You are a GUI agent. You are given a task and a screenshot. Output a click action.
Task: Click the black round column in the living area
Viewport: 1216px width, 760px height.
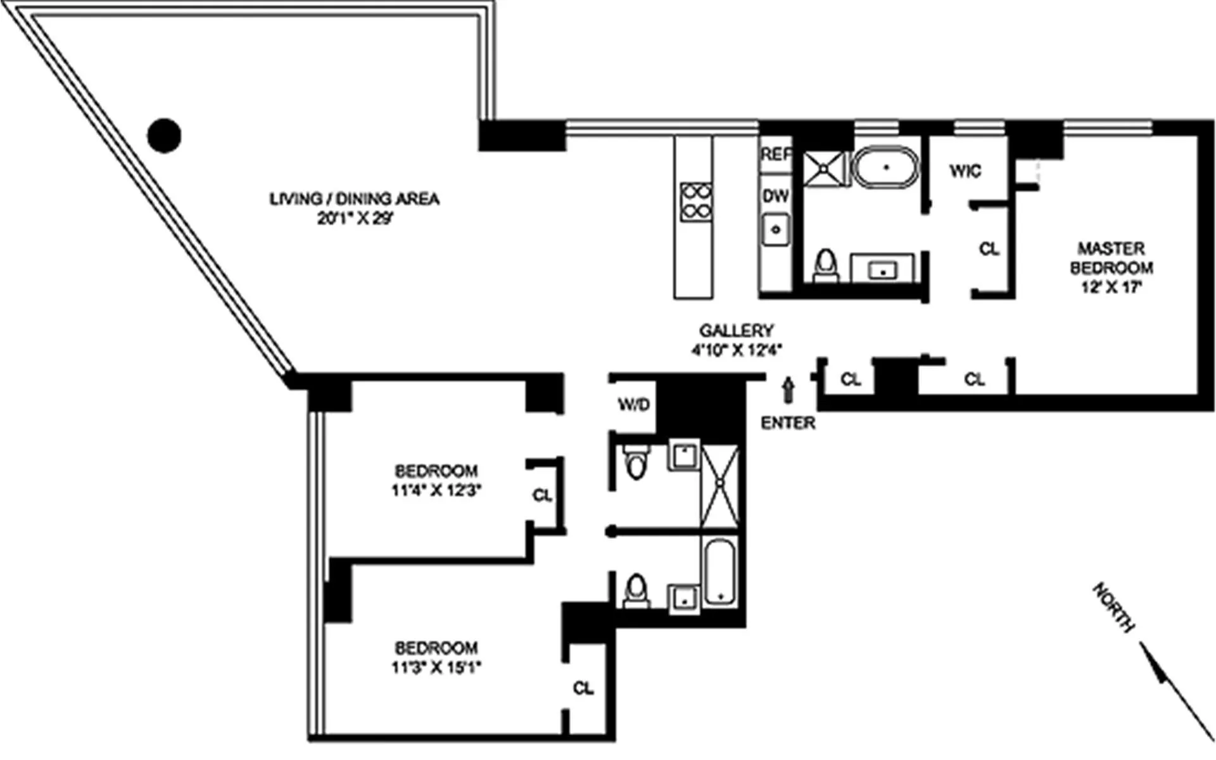pos(164,136)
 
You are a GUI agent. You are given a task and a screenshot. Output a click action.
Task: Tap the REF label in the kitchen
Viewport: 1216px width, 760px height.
pos(776,154)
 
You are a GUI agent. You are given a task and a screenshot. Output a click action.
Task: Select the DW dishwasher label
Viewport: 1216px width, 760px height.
pos(775,196)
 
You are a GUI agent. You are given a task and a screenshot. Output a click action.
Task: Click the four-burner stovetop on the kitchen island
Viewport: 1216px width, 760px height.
pos(695,201)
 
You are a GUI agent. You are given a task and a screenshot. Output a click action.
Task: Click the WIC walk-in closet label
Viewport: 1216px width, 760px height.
pos(965,171)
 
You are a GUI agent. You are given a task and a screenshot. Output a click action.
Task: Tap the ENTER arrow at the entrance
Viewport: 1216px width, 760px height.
pos(788,389)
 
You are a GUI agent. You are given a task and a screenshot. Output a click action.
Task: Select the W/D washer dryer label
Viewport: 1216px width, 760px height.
pos(634,405)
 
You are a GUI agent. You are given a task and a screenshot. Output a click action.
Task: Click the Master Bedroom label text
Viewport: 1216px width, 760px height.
pos(1111,258)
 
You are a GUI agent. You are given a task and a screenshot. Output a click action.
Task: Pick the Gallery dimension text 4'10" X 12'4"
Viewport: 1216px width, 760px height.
pos(737,350)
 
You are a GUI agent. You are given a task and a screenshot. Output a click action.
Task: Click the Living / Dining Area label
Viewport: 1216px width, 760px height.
pos(354,199)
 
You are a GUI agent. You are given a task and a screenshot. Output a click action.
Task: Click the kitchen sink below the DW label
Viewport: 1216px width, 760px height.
pos(776,229)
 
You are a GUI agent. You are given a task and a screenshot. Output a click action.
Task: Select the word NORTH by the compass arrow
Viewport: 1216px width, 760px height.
pos(1113,607)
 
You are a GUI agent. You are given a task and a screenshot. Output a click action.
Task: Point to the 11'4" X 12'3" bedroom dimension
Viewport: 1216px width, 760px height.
pos(436,490)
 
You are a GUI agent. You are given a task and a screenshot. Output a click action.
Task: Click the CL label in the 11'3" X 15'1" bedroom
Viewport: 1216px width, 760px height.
pos(583,688)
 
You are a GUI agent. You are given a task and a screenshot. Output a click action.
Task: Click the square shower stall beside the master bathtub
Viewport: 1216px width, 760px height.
pos(824,169)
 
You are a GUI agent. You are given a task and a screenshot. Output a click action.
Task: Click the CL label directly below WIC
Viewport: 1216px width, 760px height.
pos(989,250)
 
